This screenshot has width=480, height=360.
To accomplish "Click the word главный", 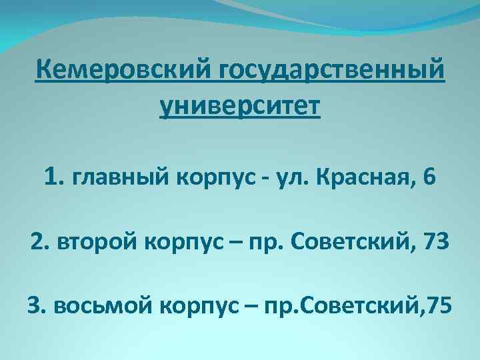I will pyautogui.click(x=117, y=179).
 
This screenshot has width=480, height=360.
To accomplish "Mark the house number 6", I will pyautogui.click(x=428, y=178).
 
